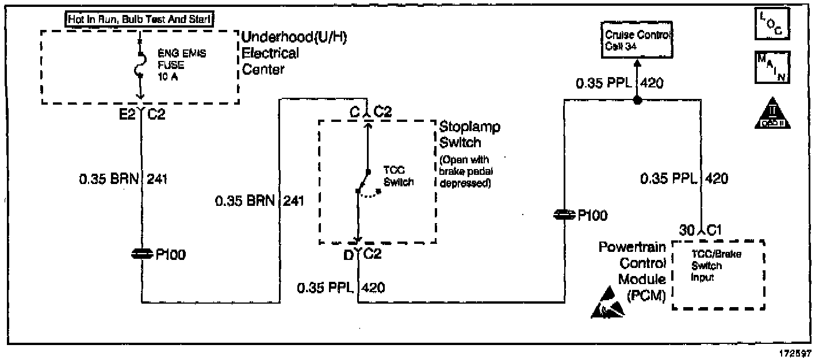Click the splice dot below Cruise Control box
637,101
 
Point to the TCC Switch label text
396,177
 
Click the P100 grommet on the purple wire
564,215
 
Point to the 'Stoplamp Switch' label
469,134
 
